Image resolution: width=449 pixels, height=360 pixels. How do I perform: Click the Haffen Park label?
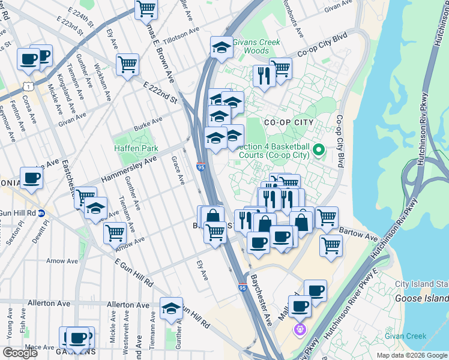coord(136,148)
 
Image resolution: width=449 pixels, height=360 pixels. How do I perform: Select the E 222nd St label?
coord(161,93)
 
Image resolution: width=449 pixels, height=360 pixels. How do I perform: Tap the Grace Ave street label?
coord(177,171)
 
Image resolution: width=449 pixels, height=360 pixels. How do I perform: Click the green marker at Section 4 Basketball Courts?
coord(319,149)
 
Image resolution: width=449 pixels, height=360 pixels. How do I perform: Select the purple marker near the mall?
coord(300,329)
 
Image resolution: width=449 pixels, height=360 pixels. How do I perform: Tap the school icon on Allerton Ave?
coord(171,308)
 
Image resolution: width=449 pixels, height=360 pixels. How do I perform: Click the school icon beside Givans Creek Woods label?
coord(221,47)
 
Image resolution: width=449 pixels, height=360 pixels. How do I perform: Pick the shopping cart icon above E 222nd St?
coord(127,64)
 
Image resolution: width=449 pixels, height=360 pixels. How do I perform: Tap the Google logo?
coord(20,353)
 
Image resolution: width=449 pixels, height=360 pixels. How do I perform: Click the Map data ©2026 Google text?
coord(411,355)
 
